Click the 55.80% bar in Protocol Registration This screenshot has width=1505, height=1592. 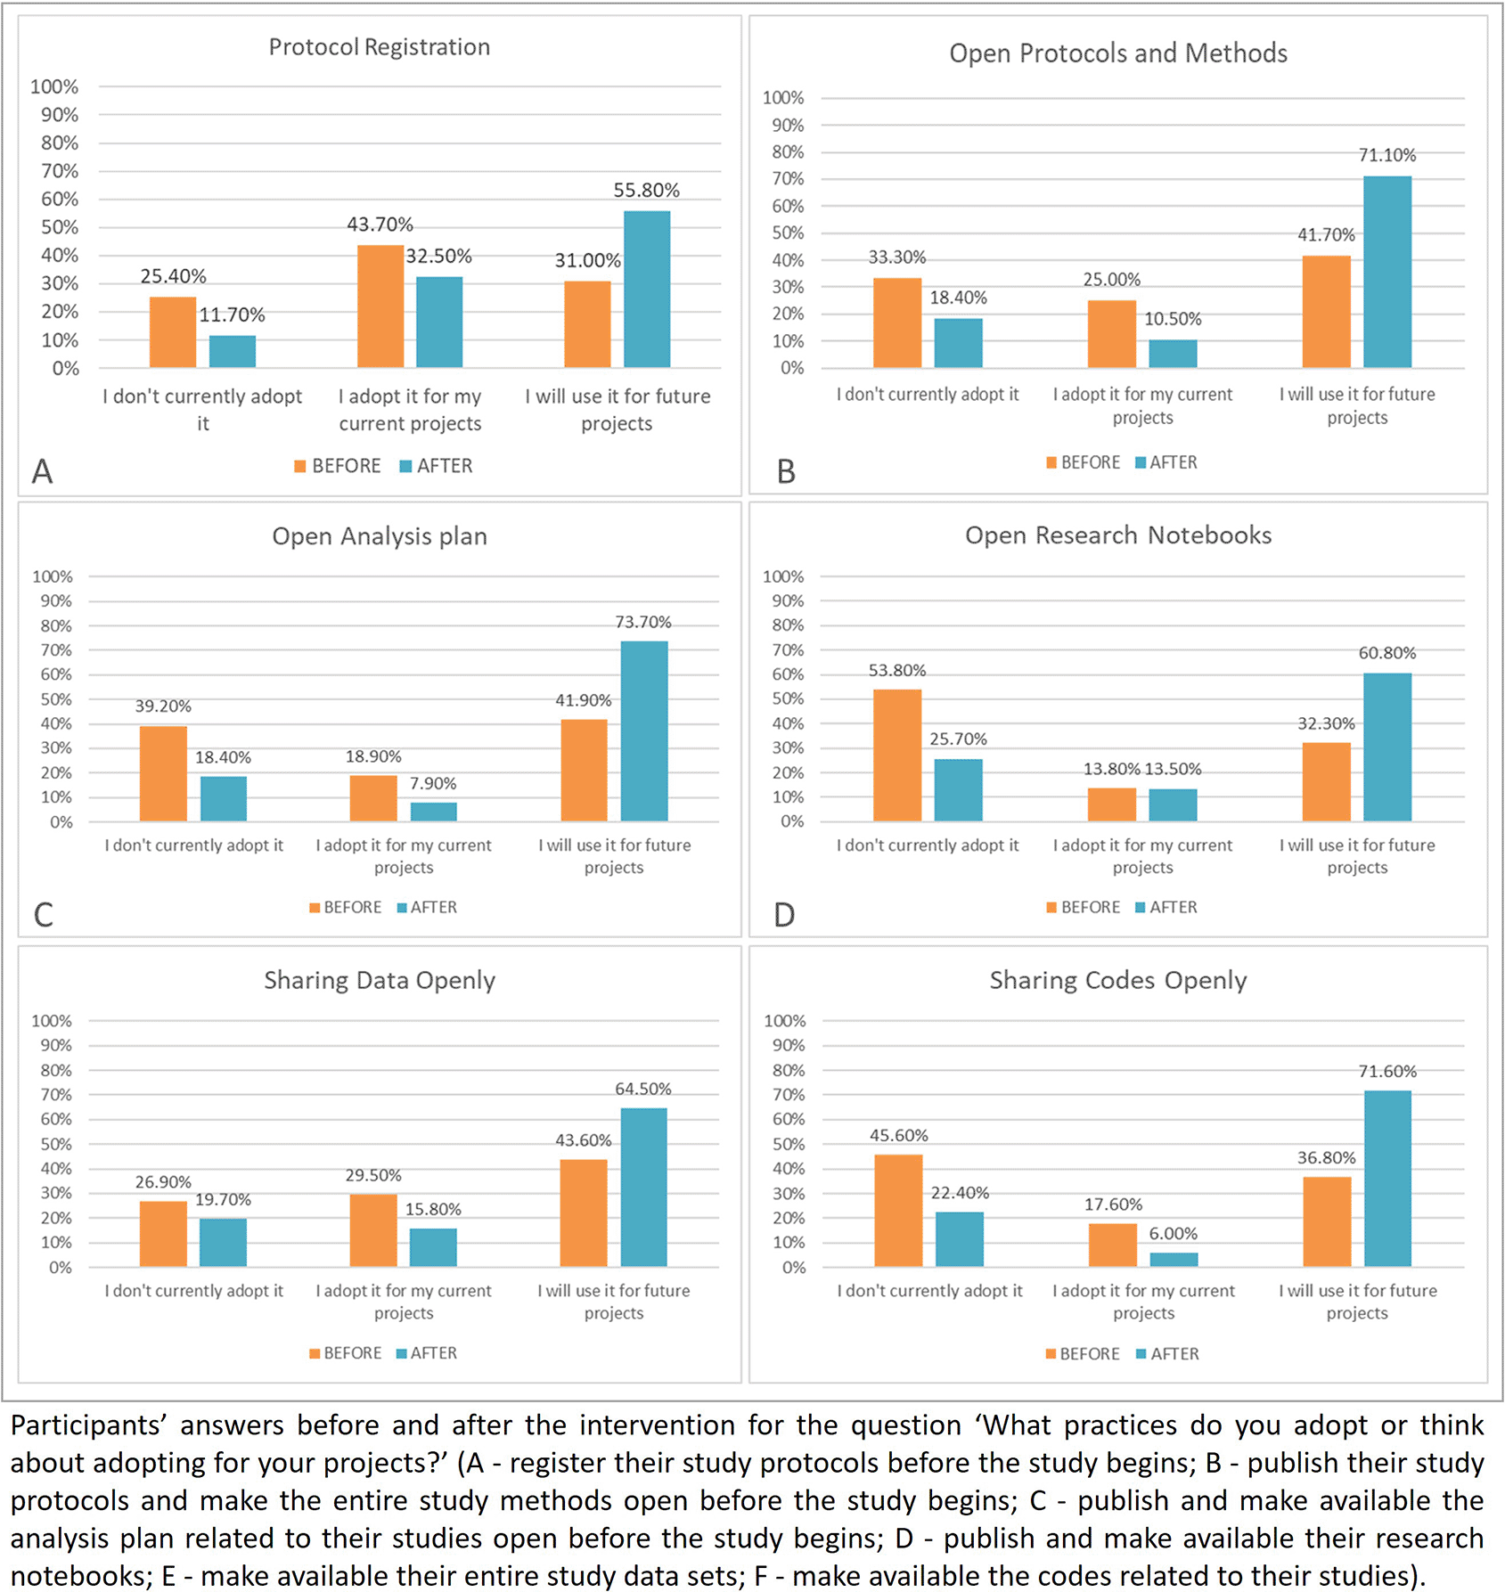point(647,290)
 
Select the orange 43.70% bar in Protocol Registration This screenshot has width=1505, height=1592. point(380,306)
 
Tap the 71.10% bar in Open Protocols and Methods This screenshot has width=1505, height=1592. point(1387,272)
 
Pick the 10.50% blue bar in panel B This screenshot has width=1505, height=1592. point(1173,354)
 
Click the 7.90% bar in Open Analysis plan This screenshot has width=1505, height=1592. point(434,812)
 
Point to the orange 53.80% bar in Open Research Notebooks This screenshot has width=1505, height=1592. point(897,755)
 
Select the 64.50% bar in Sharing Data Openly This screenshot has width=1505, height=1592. point(643,1187)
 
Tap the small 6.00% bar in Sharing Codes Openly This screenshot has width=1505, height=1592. point(1174,1259)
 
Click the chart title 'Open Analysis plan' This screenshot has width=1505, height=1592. point(380,536)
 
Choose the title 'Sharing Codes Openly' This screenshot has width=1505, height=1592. point(1118,980)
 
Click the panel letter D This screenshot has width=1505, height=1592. point(784,915)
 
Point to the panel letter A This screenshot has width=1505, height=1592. point(42,471)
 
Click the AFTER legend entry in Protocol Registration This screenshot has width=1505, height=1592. point(437,466)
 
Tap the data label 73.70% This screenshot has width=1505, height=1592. point(642,622)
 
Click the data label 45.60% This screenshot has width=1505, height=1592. point(898,1136)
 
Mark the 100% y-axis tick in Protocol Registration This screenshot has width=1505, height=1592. point(54,86)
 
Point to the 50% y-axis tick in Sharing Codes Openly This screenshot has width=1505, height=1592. point(788,1144)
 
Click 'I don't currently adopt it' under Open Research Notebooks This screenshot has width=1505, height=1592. point(928,845)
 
